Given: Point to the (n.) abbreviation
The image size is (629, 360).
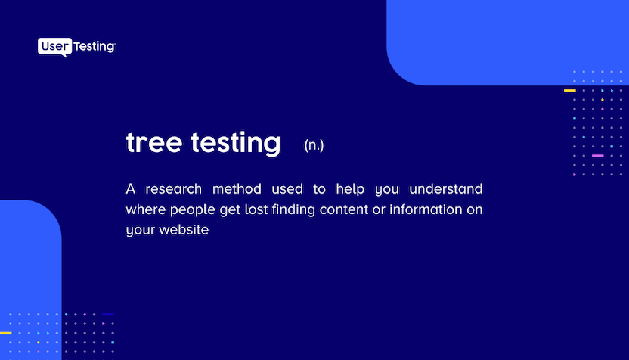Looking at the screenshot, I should [x=314, y=144].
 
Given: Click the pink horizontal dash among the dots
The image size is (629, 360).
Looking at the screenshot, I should [x=597, y=156].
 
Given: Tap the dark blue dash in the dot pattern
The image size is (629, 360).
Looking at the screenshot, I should [x=108, y=314].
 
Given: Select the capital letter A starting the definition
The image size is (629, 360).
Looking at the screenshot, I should [x=131, y=188].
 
